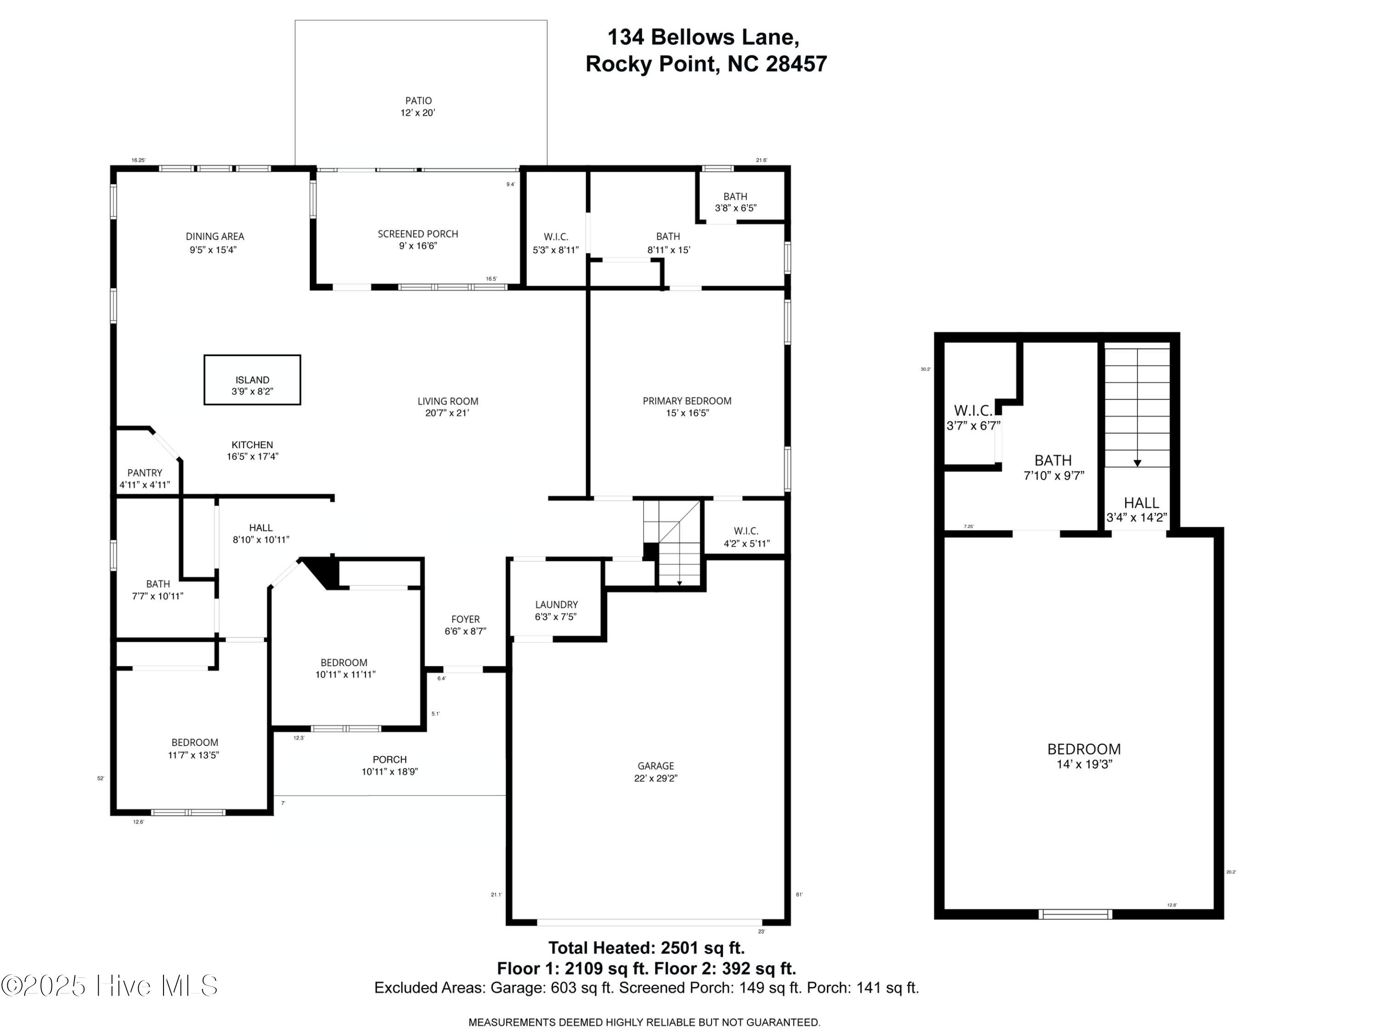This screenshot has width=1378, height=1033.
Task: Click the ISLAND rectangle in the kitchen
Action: [252, 380]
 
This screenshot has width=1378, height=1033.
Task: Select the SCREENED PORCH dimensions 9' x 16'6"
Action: [418, 246]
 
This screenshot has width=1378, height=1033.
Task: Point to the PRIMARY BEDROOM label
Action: [687, 401]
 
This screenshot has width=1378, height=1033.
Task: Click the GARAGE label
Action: [655, 766]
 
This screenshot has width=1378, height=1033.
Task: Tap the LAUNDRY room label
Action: [556, 605]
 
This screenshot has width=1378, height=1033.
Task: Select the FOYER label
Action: [465, 619]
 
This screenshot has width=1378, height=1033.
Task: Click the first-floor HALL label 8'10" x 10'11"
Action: [260, 528]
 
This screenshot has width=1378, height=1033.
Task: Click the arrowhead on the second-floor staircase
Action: [1137, 463]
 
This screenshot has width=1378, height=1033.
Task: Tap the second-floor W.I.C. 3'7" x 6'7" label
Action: [973, 411]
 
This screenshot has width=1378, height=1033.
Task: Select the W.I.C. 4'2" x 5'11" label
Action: [745, 531]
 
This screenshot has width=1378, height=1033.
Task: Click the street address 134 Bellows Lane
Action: [703, 37]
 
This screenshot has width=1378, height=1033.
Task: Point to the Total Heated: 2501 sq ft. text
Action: [646, 948]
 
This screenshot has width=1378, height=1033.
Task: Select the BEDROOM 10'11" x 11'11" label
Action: [344, 663]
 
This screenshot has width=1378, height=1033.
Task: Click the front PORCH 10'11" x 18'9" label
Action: [390, 760]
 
